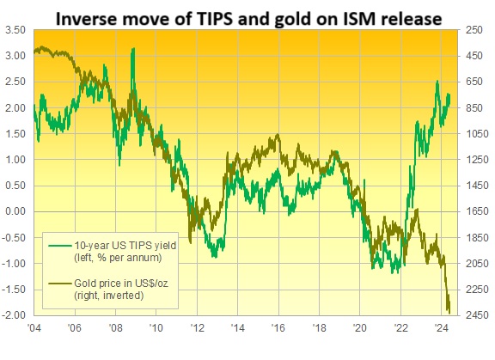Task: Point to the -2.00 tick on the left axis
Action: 15,315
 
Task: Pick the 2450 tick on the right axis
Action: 478,315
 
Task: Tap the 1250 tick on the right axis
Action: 478,159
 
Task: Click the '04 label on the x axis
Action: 34,328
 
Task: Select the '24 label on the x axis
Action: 441,328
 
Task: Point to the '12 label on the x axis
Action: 197,328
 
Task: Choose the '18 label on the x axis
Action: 319,328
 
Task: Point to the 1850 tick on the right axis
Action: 478,237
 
